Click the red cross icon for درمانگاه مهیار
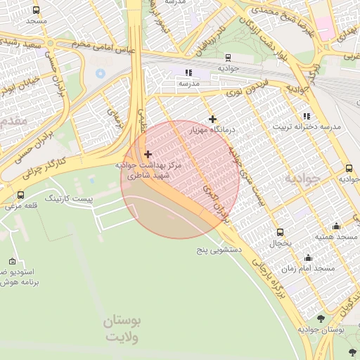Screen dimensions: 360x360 pos(212,119)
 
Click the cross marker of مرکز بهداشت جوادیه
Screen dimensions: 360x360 pos(147,153)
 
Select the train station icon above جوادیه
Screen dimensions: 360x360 pos(226,58)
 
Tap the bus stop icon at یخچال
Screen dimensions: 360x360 pos(281,232)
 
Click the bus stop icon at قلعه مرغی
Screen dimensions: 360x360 pos(20,195)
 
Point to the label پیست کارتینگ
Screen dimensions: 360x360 pos(68,199)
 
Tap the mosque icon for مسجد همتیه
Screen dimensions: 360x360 pos(336,226)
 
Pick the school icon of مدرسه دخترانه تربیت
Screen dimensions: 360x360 pos(306,116)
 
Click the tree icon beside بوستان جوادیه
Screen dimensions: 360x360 pos(321,319)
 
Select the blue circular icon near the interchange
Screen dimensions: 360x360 pos(100,72)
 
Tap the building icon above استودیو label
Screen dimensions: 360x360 pos(11,260)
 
